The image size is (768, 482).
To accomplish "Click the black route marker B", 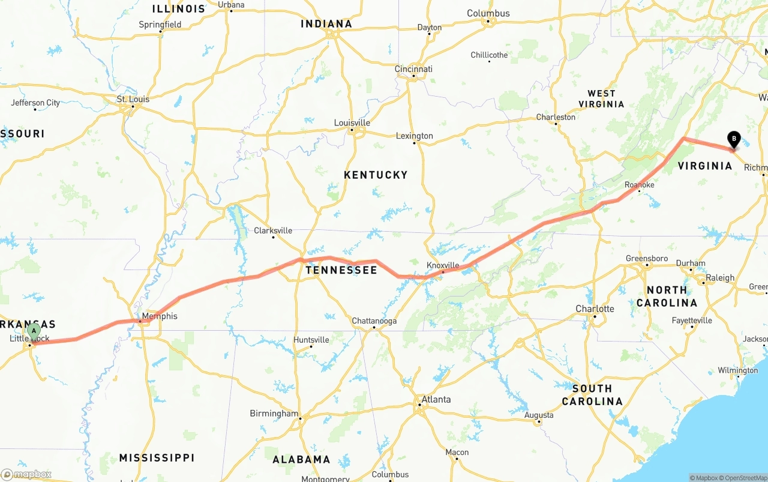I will coord(733,139).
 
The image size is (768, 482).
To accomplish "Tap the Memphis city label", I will coord(160,316).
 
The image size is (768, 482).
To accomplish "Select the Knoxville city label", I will coord(443,265).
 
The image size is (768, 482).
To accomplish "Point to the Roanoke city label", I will coord(639,185).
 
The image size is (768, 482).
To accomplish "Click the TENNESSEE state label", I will coord(341,270).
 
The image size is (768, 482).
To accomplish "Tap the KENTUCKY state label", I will coord(376,175).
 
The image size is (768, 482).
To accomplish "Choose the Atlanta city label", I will coord(436,399).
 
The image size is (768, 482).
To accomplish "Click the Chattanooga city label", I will coord(374,321).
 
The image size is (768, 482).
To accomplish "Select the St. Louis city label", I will coord(133,99).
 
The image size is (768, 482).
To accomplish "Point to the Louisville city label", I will coord(352,123).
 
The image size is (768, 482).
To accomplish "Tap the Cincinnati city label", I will coord(413,69).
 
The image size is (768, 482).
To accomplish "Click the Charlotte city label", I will coord(595,309).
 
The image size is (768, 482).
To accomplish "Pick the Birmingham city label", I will coord(274,414).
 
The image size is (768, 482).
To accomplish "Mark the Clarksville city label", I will coord(273,230).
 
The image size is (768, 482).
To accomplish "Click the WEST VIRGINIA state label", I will coord(601,98).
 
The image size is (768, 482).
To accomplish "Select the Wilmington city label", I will coord(737,370).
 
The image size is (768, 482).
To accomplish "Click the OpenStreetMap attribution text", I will coord(745,478).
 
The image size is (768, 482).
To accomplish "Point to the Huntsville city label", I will coord(311,340).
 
